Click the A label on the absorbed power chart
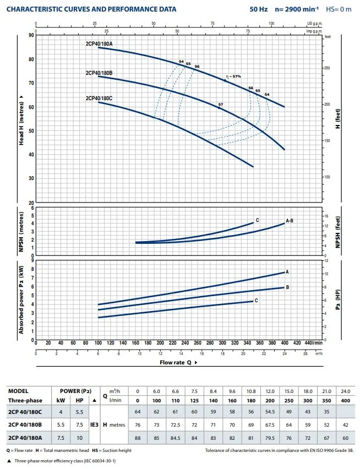point(287,272)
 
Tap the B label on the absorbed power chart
point(287,287)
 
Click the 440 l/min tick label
point(312,343)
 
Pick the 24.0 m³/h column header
point(345,391)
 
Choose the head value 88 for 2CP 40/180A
point(138,438)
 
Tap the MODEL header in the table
point(18,391)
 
